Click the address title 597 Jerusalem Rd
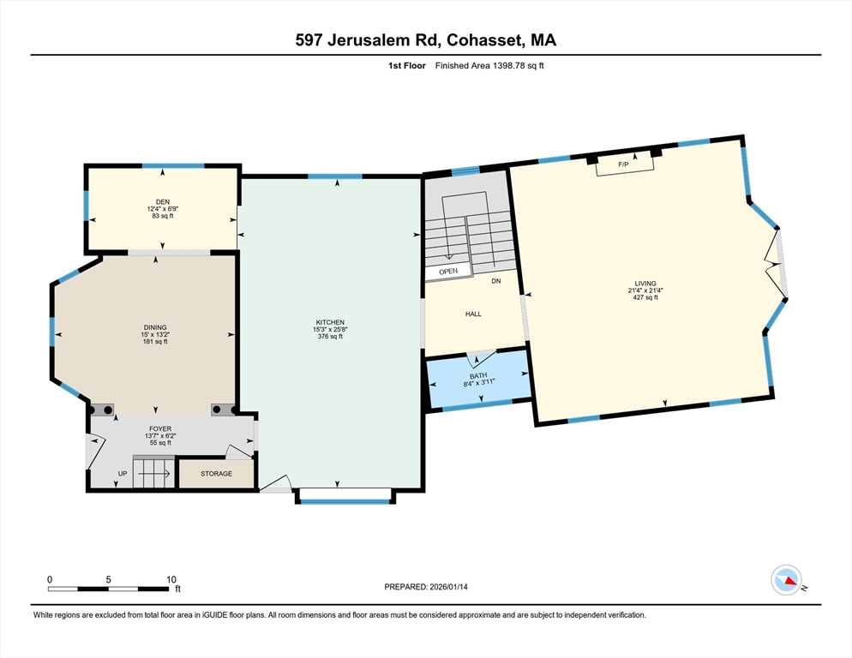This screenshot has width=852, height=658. pos(426,40)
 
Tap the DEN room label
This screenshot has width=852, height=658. pos(163,202)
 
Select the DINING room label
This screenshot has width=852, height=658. pos(155,327)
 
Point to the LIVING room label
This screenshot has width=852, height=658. pos(645,284)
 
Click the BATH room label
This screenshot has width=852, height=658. pos(478,376)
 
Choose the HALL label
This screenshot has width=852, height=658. pos(473,314)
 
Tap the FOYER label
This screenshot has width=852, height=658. pos(160,428)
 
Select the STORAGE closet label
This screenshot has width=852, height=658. pos(216,473)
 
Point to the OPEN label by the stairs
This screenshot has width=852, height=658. pos(448,271)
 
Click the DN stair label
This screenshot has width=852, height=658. pos(495,281)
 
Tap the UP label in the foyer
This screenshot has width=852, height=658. pos(122,473)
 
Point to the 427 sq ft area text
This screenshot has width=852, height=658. pos(645,297)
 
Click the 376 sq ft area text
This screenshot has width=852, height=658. pos(329,337)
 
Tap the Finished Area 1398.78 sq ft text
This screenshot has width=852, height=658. pos(489,65)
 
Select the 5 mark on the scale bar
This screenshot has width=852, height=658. pos(109,579)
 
